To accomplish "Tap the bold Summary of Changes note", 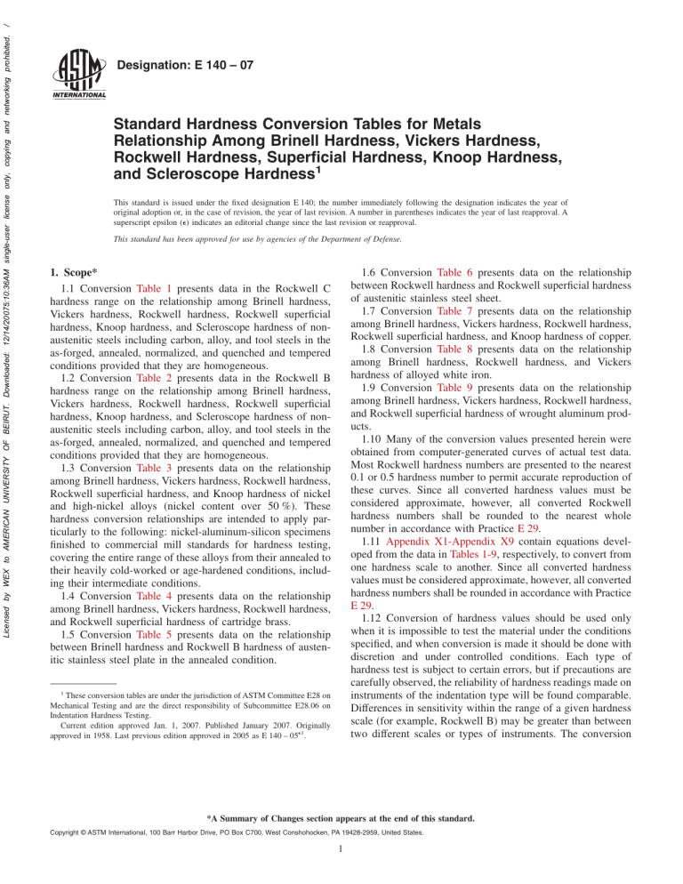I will tap(341, 848).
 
